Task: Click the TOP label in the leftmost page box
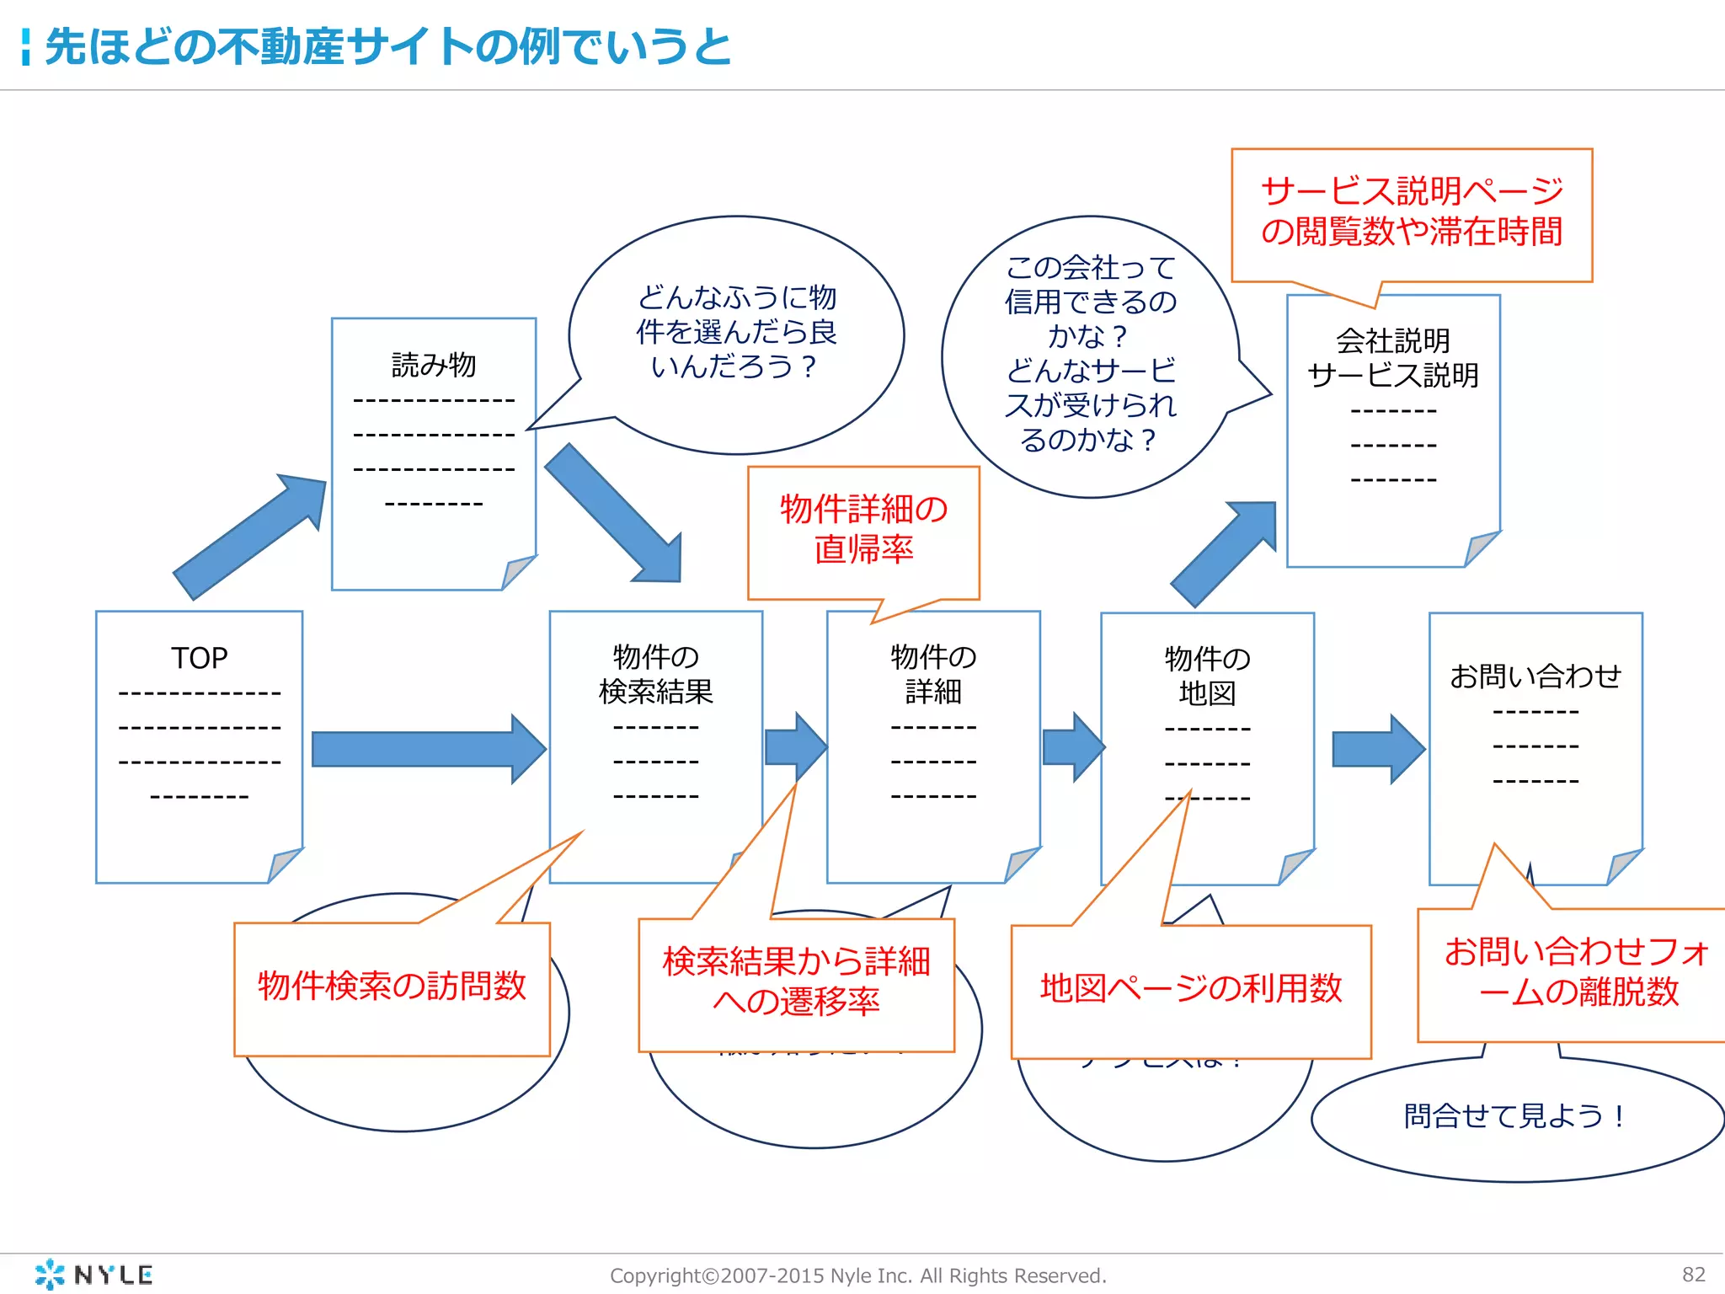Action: [200, 658]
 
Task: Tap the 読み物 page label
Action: [434, 365]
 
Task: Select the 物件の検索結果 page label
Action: [655, 674]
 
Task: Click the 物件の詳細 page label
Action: [933, 674]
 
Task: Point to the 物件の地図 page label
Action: [1207, 676]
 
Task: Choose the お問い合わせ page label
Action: [1535, 676]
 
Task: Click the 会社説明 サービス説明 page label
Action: [1393, 358]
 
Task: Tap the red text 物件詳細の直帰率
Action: [863, 529]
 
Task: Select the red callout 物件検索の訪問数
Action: [392, 987]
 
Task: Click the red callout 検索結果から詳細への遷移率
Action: [796, 981]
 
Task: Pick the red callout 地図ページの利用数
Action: [1191, 988]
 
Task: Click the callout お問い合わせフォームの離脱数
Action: [1578, 972]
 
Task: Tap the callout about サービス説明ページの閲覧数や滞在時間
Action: [1412, 211]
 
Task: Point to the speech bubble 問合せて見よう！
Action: [1514, 1116]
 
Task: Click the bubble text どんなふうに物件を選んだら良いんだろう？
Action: [735, 332]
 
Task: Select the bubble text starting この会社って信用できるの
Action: [1090, 354]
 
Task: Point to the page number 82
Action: [1693, 1275]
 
